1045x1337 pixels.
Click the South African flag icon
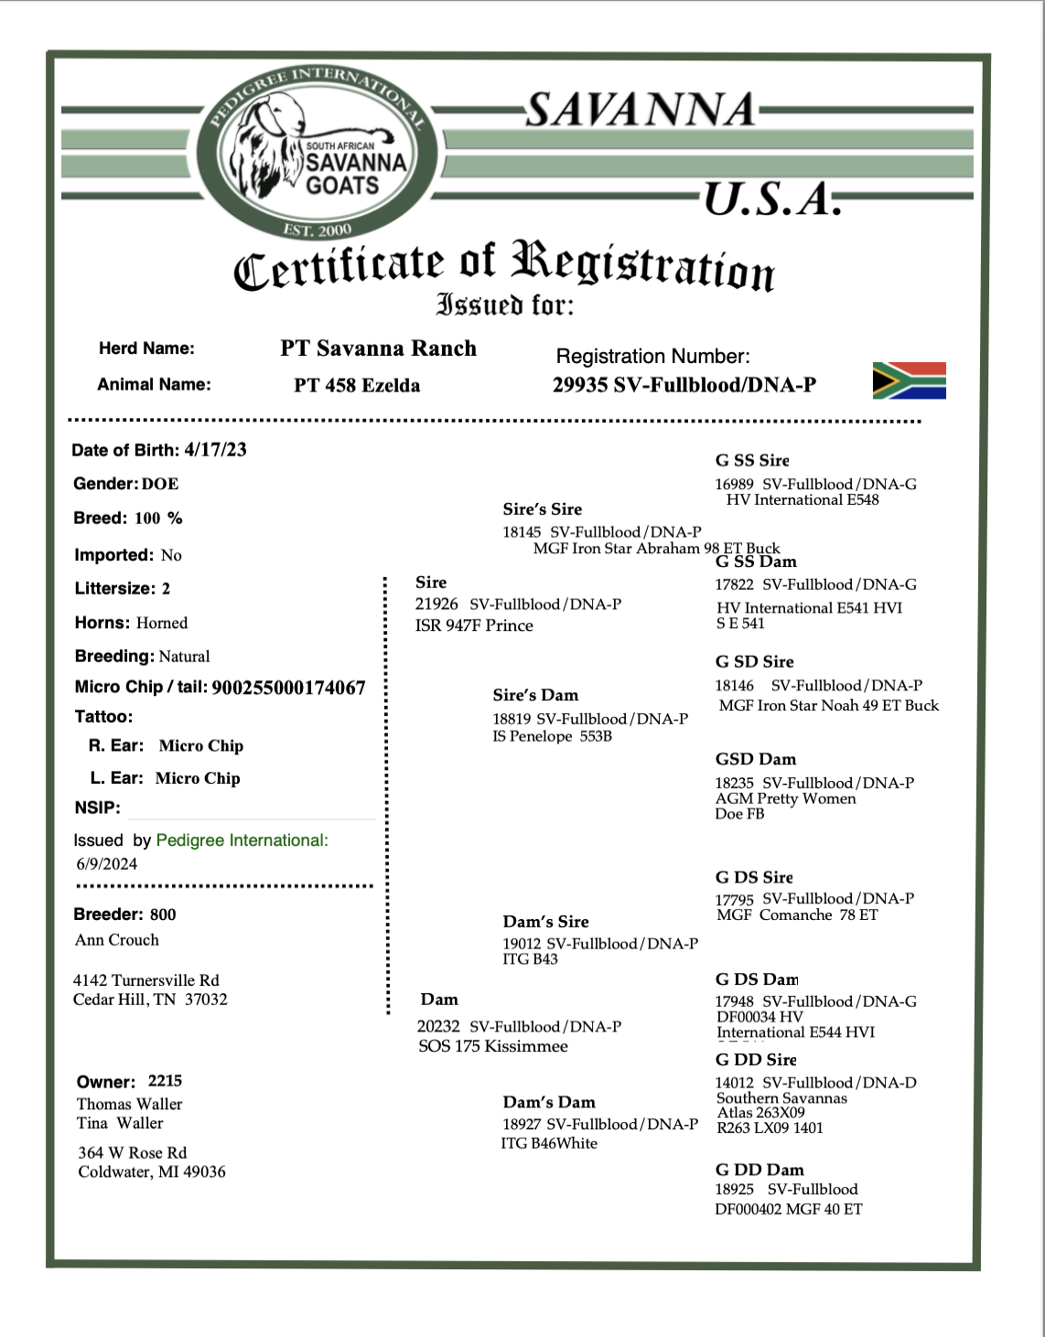click(909, 380)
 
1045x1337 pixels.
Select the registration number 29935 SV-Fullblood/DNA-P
click(684, 385)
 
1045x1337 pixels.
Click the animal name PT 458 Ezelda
click(357, 385)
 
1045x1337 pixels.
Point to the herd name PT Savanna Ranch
click(378, 348)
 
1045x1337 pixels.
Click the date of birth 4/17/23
click(215, 450)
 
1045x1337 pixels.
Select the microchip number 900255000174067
click(288, 688)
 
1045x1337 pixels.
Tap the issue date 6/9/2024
click(107, 864)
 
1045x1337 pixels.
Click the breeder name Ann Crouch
click(117, 940)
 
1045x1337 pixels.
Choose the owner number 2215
click(165, 1081)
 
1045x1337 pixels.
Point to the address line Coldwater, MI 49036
click(152, 1172)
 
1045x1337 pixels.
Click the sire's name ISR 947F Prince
click(474, 626)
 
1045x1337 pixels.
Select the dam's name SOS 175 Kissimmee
click(493, 1046)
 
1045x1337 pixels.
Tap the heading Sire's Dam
click(535, 695)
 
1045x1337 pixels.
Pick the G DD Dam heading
click(760, 1170)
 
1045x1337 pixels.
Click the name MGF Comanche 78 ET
click(797, 915)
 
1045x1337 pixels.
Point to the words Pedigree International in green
click(242, 840)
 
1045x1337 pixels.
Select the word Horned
click(162, 623)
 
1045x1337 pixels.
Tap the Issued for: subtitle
click(504, 305)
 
